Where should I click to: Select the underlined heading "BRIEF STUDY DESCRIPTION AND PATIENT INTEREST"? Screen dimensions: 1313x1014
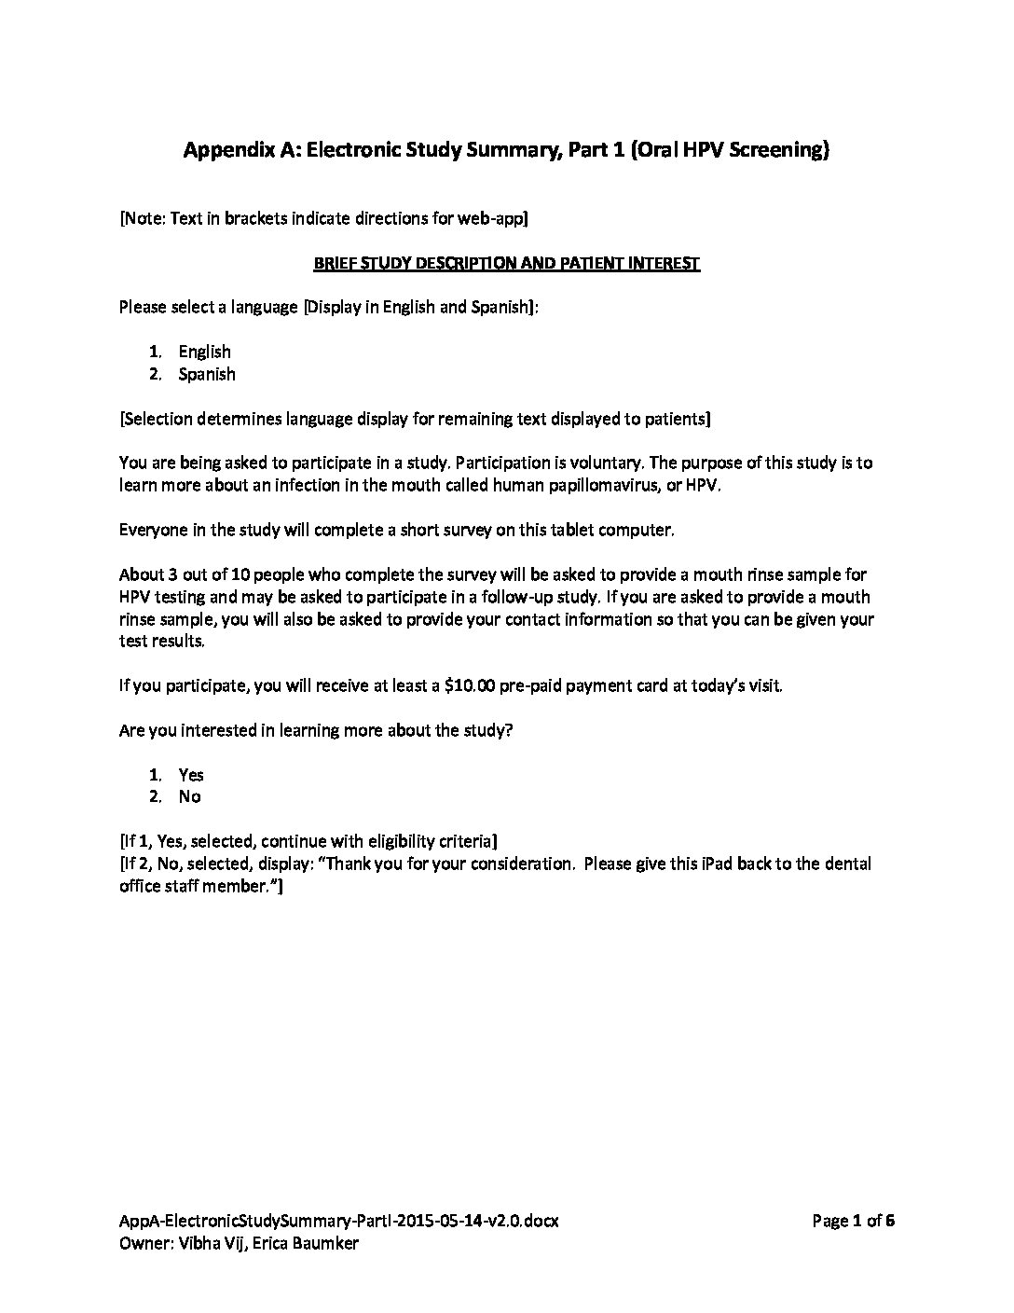tap(506, 263)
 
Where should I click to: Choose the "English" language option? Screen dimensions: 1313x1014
tap(204, 352)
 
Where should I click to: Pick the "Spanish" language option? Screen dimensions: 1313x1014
tap(207, 374)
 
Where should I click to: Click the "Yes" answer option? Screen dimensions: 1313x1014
tap(191, 774)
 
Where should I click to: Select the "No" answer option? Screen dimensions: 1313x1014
tap(189, 796)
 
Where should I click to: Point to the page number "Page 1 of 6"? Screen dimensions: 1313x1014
tap(853, 1221)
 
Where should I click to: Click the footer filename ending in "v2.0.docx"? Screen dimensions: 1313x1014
tap(339, 1221)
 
